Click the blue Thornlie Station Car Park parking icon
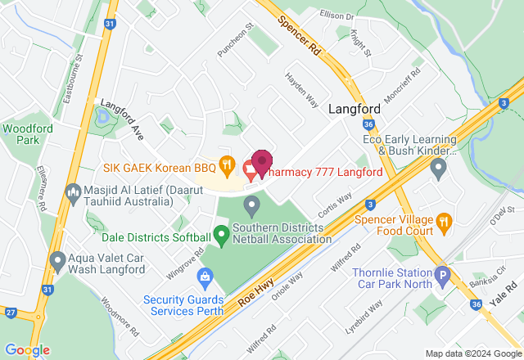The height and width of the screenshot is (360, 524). [x=443, y=276]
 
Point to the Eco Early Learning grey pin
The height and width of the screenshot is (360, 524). [x=438, y=169]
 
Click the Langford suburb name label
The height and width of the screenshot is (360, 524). [x=355, y=109]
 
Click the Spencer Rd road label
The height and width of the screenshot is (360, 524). [x=298, y=34]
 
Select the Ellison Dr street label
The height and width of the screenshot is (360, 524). [x=337, y=16]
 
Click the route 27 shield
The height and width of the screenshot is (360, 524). [x=11, y=312]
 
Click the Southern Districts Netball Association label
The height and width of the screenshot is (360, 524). [x=282, y=233]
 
